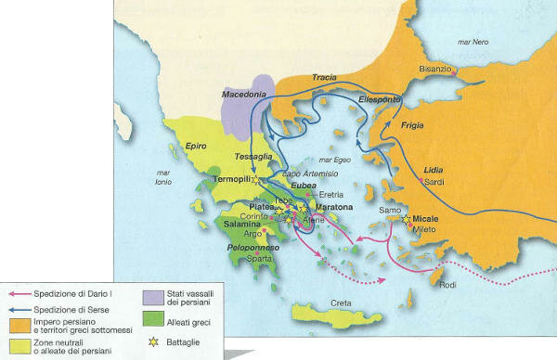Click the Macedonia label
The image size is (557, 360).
pos(244,95)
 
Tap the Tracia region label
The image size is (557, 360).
pos(325,77)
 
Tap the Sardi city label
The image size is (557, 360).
pos(435,182)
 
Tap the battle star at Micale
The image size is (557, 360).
pos(407,220)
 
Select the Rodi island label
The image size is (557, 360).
pos(447,285)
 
